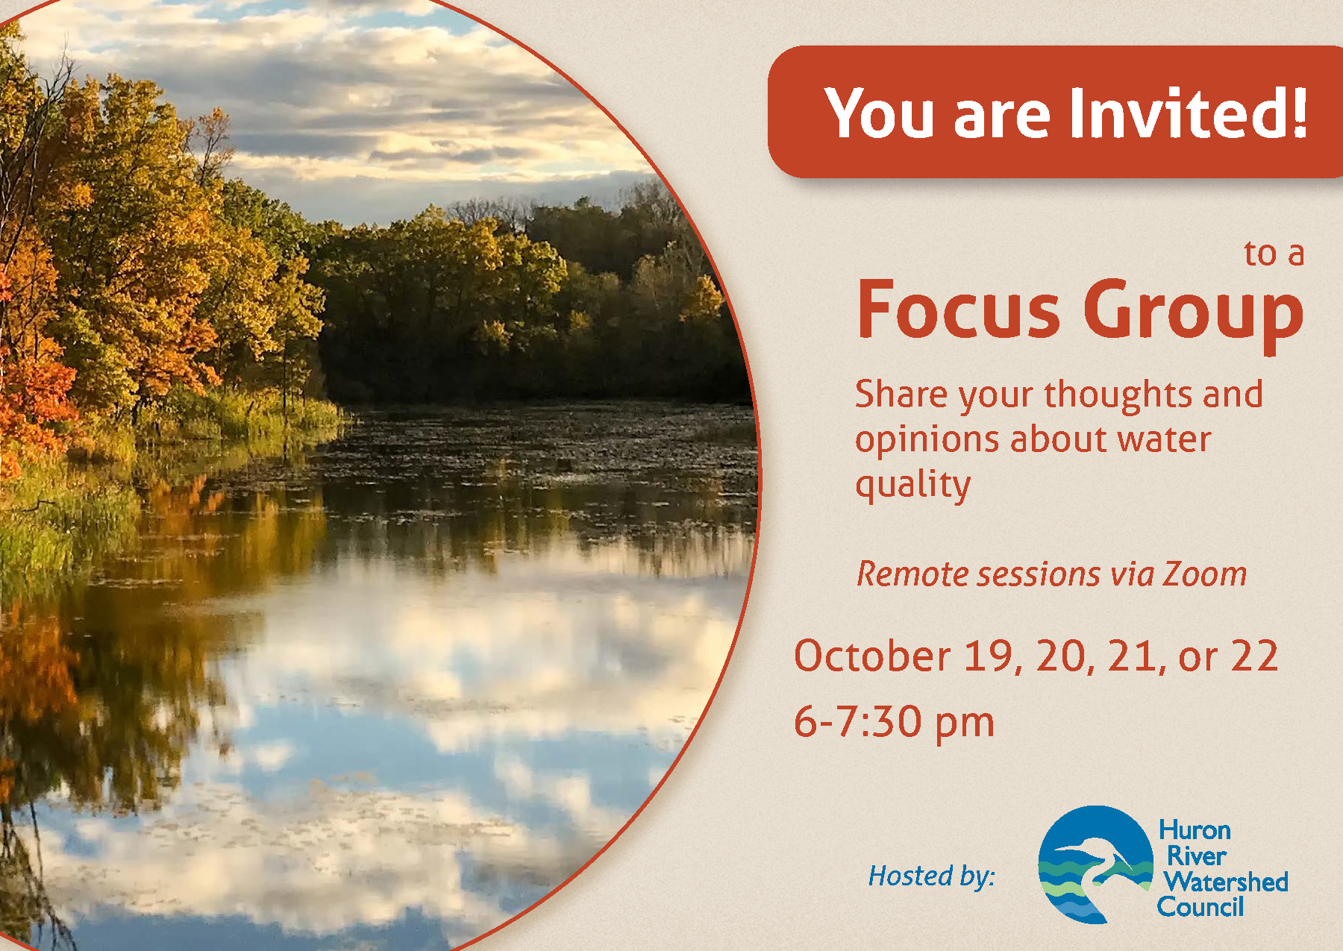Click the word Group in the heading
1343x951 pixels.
tap(1193, 315)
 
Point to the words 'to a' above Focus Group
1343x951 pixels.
tap(1274, 254)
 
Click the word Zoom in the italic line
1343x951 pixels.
tap(1204, 574)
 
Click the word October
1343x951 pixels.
tap(872, 656)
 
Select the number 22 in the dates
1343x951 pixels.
tap(1254, 656)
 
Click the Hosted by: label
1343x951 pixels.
tap(932, 876)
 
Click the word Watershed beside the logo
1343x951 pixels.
tap(1226, 882)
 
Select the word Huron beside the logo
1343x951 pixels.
tap(1195, 830)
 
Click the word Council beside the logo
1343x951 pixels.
tap(1200, 907)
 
